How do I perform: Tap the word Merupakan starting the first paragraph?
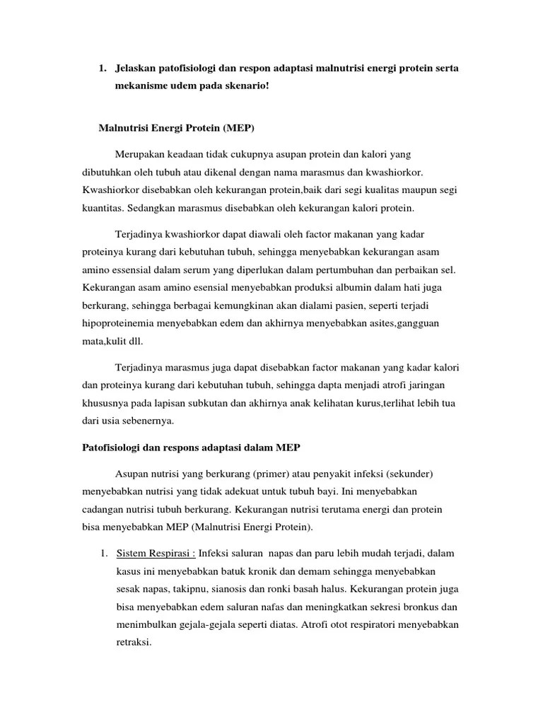tap(140, 154)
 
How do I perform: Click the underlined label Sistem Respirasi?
tap(155, 552)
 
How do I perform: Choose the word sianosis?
tap(236, 588)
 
